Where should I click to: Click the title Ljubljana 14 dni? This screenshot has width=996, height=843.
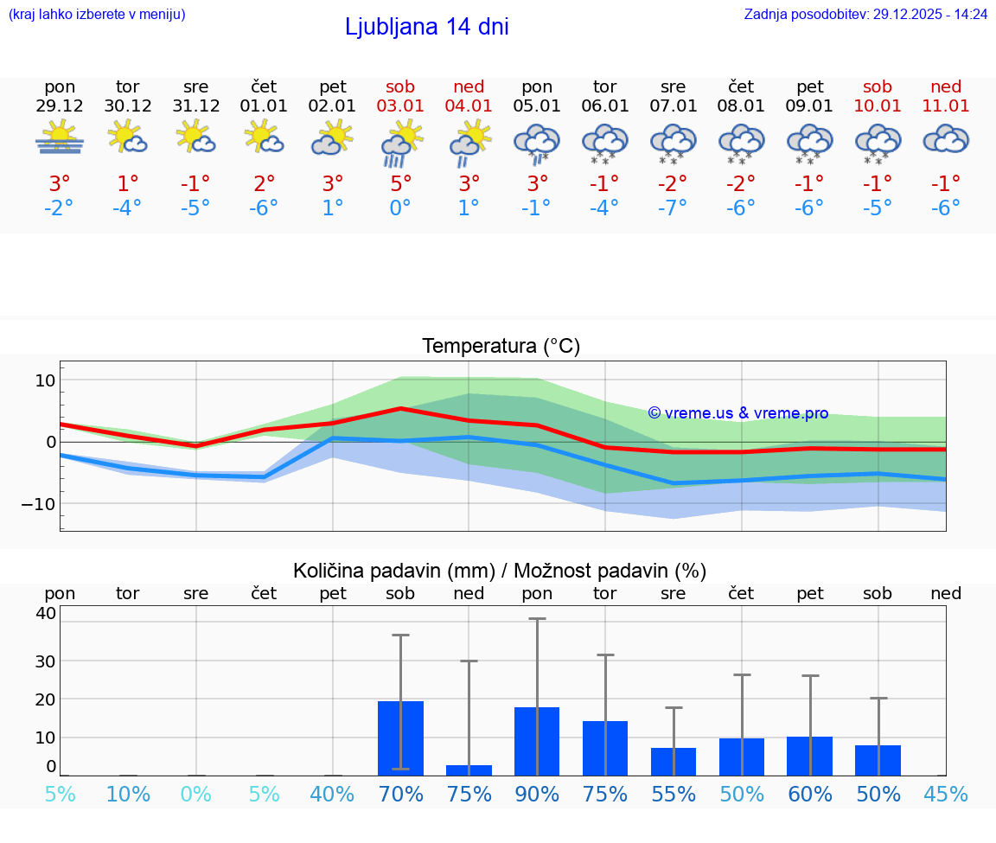(426, 27)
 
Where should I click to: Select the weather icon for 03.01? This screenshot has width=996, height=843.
(400, 143)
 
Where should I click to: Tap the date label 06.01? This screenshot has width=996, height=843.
(604, 105)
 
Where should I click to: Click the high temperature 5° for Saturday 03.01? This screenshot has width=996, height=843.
(400, 183)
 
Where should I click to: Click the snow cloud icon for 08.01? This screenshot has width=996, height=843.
(741, 143)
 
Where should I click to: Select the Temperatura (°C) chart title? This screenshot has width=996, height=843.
(501, 346)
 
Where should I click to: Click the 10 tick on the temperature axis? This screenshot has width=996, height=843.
(45, 380)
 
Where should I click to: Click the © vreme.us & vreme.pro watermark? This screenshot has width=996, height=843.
(737, 413)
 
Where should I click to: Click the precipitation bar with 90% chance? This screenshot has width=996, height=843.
(537, 741)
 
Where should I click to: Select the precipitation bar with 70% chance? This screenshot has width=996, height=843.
(400, 738)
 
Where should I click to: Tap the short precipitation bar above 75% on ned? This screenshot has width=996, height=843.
(469, 770)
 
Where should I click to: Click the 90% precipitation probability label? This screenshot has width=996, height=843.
(537, 794)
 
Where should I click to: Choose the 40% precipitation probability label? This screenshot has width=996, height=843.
(332, 794)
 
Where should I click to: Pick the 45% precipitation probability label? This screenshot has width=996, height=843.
(946, 794)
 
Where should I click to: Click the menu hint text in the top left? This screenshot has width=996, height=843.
(97, 14)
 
